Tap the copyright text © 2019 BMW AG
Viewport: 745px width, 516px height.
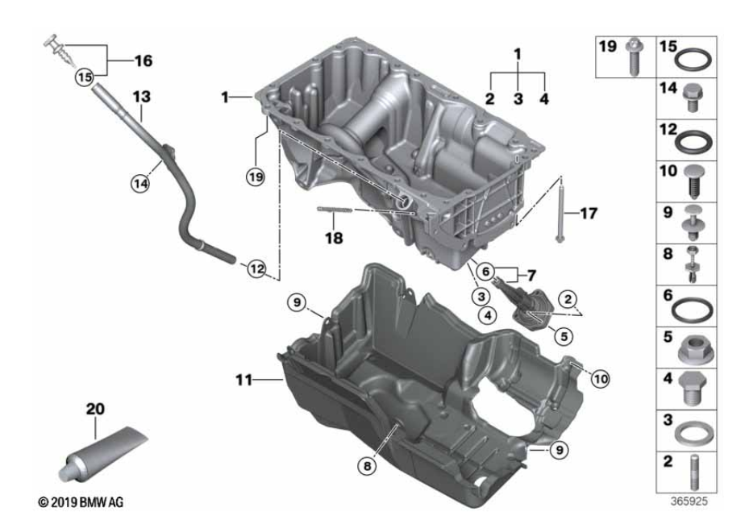pos(81,501)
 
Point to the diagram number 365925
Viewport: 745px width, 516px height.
pos(689,501)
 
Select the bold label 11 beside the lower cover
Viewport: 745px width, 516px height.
pos(244,380)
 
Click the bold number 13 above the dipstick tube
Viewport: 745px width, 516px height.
pos(142,97)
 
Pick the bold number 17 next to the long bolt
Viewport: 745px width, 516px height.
pos(589,214)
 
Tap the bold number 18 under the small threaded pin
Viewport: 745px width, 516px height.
pos(334,238)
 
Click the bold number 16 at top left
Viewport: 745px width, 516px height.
pos(144,60)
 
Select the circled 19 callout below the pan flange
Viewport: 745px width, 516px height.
pos(256,177)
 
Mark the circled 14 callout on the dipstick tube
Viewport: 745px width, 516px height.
pos(140,183)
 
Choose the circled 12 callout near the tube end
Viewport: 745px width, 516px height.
pos(256,269)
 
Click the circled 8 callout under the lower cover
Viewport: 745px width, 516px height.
pos(367,466)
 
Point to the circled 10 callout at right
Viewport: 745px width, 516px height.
pos(601,379)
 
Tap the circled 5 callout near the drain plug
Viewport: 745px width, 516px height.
pos(564,336)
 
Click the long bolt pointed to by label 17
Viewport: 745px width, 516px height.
pos(560,214)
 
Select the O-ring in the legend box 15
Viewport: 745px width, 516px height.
pos(693,60)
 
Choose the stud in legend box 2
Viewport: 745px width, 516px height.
pos(693,472)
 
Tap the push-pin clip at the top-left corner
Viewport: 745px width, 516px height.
pos(60,52)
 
